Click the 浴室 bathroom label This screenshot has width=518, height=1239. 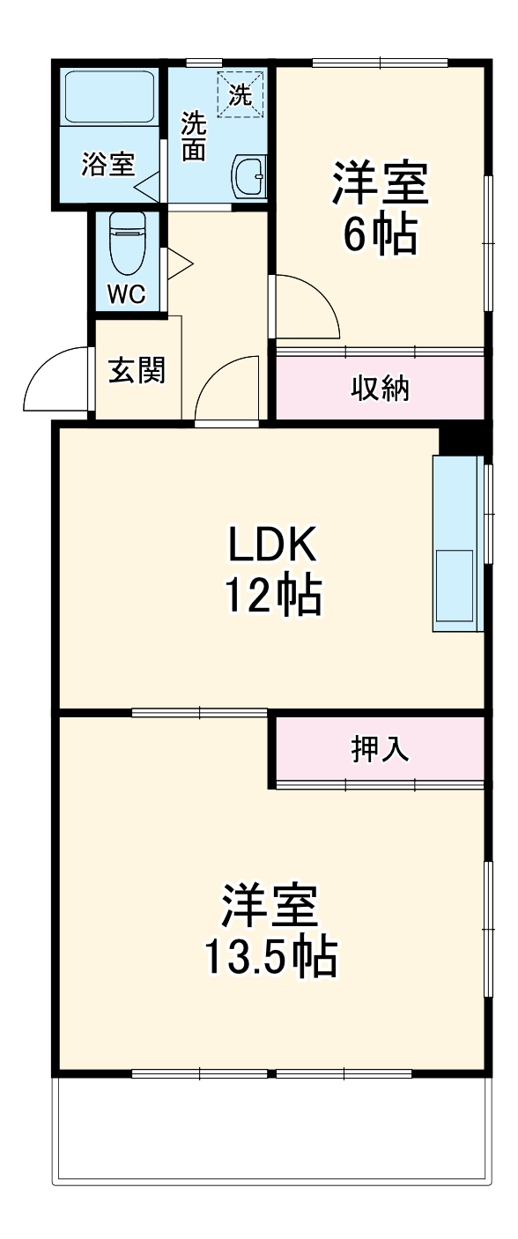(x=107, y=166)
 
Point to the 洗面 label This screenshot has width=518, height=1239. (x=194, y=137)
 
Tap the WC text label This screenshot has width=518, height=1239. (x=126, y=295)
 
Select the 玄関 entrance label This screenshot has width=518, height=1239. (x=137, y=371)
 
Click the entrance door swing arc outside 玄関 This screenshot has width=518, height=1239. (x=55, y=379)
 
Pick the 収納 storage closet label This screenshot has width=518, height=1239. (x=381, y=388)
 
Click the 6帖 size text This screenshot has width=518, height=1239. (x=380, y=234)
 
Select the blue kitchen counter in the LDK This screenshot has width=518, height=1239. (x=457, y=543)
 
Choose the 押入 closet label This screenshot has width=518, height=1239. (x=381, y=749)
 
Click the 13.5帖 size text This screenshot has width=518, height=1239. (x=270, y=956)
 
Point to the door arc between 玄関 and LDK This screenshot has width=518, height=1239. (x=227, y=388)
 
